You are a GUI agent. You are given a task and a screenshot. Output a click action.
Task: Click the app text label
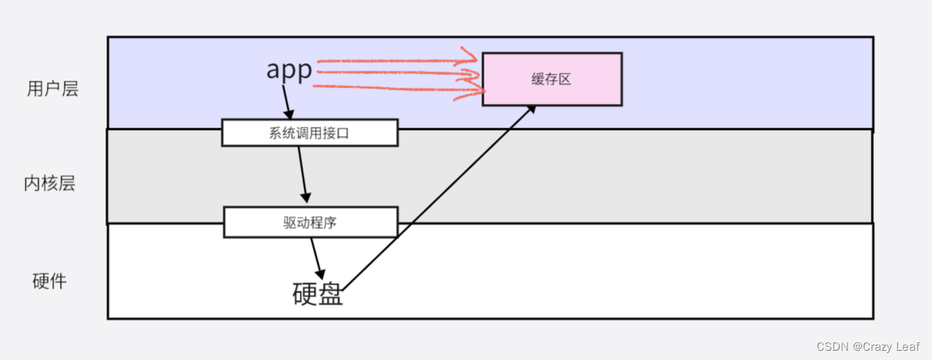289,71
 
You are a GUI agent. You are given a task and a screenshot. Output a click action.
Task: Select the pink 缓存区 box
552,79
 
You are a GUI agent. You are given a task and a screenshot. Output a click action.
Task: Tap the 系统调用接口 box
309,132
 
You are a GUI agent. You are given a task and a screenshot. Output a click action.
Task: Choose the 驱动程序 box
311,222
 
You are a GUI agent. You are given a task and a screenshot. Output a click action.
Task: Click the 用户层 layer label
52,89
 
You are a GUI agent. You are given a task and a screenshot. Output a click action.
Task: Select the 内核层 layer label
49,184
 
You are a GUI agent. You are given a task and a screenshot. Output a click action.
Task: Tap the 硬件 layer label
49,282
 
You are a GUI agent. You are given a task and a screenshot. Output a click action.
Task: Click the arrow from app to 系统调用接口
286,100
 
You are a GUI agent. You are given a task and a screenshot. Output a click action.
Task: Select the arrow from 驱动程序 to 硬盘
317,258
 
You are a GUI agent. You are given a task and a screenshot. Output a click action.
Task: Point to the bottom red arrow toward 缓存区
392,92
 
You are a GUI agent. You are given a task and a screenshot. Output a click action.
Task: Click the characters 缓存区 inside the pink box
551,79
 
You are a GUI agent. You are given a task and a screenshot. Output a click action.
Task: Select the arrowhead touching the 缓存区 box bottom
530,111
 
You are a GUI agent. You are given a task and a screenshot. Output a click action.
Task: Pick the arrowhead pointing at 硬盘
320,274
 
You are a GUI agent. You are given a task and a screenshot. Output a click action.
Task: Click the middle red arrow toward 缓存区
392,74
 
